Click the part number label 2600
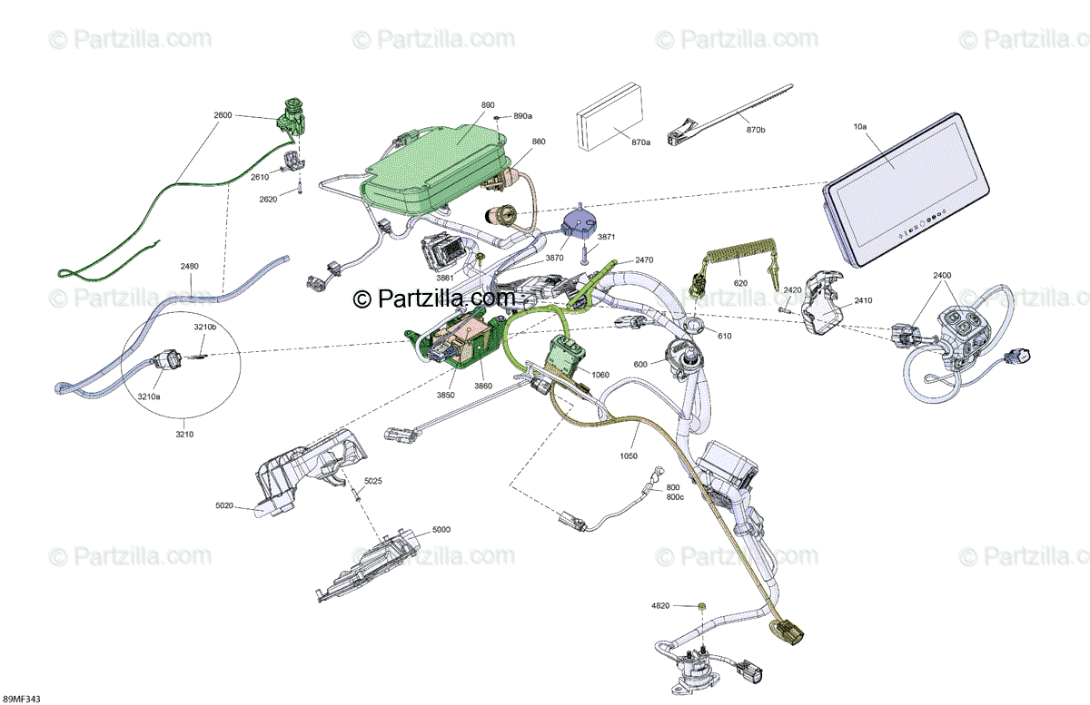coord(223,115)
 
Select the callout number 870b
coord(755,131)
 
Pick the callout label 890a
coord(522,116)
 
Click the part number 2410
coord(862,300)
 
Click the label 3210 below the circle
coord(183,434)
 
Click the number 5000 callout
coord(441,529)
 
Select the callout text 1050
coord(628,455)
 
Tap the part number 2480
coord(189,266)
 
